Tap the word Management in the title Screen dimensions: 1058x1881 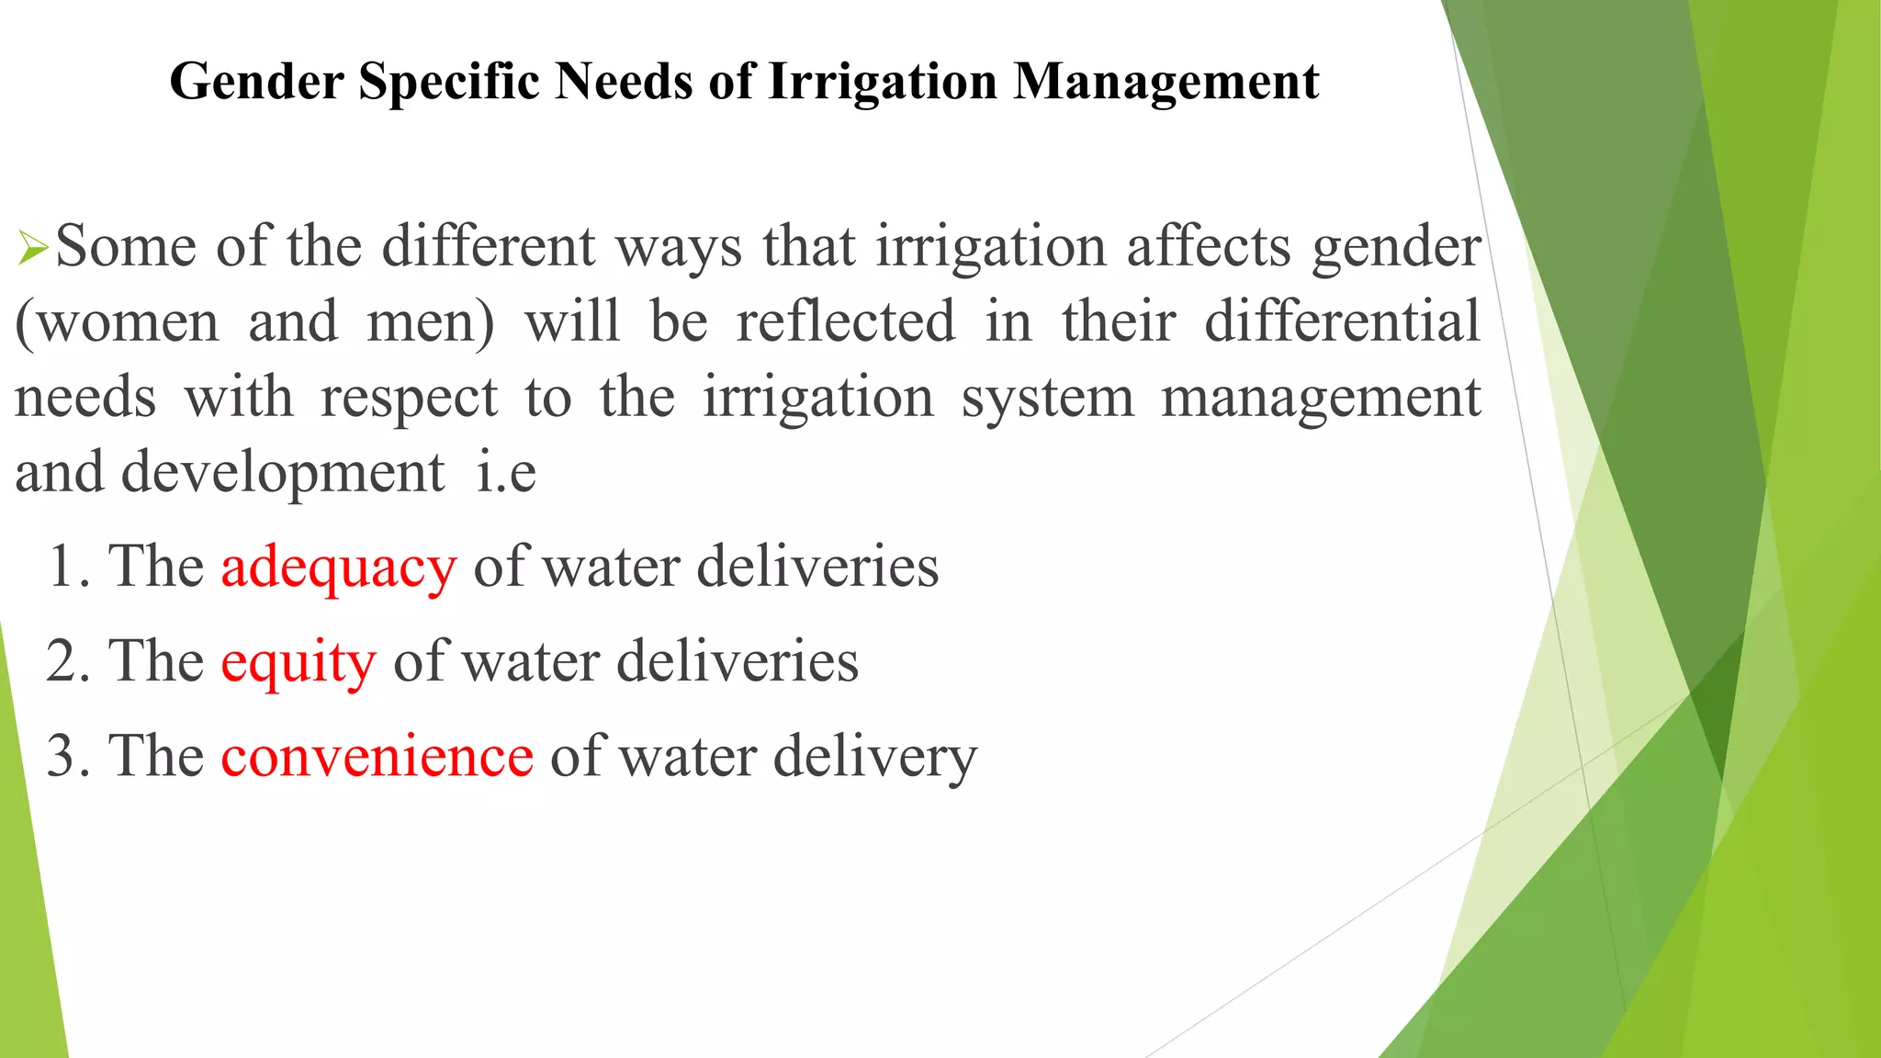click(x=1166, y=82)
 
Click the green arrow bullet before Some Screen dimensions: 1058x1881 click(x=32, y=249)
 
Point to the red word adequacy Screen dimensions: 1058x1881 click(x=338, y=567)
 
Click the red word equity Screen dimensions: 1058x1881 click(x=298, y=662)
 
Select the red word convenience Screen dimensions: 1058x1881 click(x=377, y=757)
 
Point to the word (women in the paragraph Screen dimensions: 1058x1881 click(x=118, y=322)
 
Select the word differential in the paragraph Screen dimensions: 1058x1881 click(x=1342, y=322)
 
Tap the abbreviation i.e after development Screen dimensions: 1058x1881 click(x=506, y=473)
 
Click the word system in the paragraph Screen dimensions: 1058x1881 click(x=1047, y=399)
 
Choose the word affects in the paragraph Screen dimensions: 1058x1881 click(x=1209, y=247)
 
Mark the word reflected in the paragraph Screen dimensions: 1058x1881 click(x=846, y=322)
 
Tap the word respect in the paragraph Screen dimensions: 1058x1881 click(x=409, y=399)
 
